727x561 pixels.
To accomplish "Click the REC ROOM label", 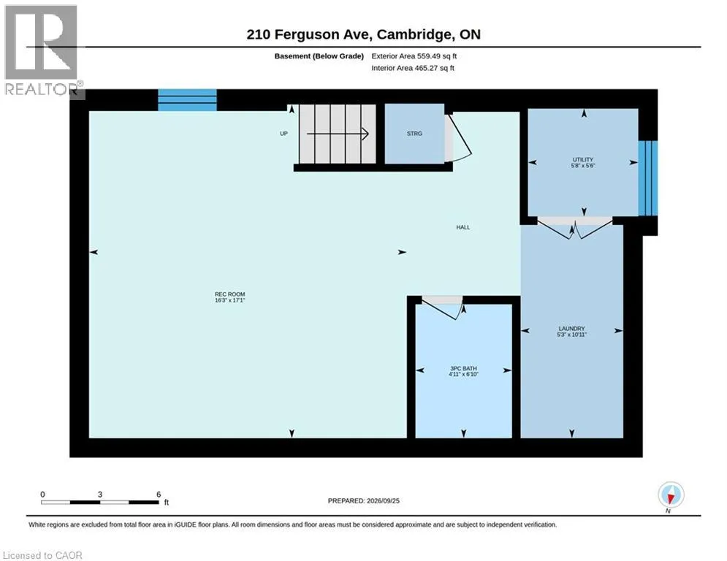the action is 229,294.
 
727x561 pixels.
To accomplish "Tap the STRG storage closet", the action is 414,134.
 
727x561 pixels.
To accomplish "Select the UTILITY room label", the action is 583,159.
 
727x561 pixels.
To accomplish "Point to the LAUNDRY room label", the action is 571,328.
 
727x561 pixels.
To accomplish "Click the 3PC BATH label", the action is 463,368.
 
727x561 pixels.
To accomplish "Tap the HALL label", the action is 463,227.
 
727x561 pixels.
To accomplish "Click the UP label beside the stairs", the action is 283,134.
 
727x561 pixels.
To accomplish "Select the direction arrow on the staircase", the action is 338,134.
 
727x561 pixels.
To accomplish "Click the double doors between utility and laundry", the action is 574,229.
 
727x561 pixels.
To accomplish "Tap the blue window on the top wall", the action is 187,100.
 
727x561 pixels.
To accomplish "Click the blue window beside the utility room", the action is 647,178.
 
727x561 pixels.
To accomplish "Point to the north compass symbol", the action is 671,495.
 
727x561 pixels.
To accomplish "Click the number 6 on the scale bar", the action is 159,495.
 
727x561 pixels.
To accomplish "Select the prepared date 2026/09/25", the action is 383,500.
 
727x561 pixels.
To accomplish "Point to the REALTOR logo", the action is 42,50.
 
